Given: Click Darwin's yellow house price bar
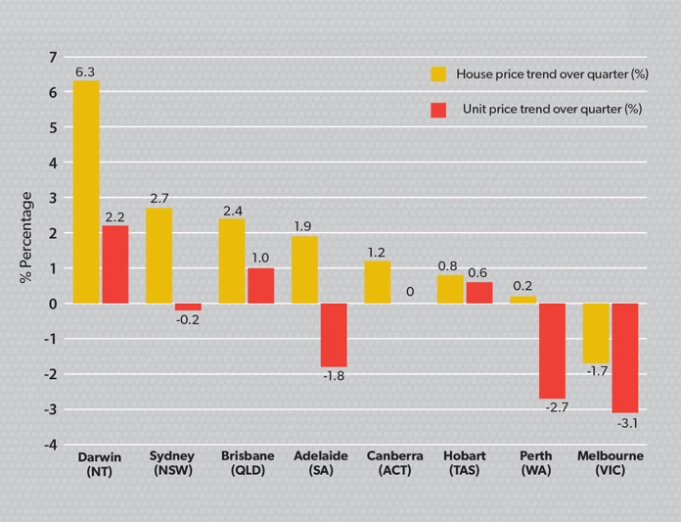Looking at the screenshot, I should pyautogui.click(x=86, y=192).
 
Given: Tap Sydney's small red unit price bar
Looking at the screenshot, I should pyautogui.click(x=188, y=308).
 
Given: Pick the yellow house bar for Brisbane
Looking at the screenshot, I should pyautogui.click(x=232, y=261).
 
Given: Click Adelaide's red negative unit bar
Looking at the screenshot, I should pyautogui.click(x=334, y=335).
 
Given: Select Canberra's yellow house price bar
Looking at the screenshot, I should pyautogui.click(x=377, y=282).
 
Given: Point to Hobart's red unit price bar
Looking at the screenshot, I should pyautogui.click(x=478, y=293).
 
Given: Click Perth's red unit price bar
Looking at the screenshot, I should pyautogui.click(x=552, y=351).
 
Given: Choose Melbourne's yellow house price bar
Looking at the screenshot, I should pyautogui.click(x=596, y=333).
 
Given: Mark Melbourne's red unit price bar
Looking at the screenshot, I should pyautogui.click(x=624, y=357).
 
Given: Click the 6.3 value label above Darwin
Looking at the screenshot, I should pyautogui.click(x=85, y=71).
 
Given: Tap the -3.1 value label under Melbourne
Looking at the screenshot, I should pyautogui.click(x=624, y=424).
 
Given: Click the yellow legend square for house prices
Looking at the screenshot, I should pyautogui.click(x=439, y=72).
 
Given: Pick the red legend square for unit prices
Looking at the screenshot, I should pyautogui.click(x=439, y=109).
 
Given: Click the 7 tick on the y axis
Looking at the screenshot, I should pyautogui.click(x=53, y=57).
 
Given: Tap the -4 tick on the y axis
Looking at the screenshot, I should pyautogui.click(x=50, y=445).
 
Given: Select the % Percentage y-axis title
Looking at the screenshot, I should pyautogui.click(x=26, y=238).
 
